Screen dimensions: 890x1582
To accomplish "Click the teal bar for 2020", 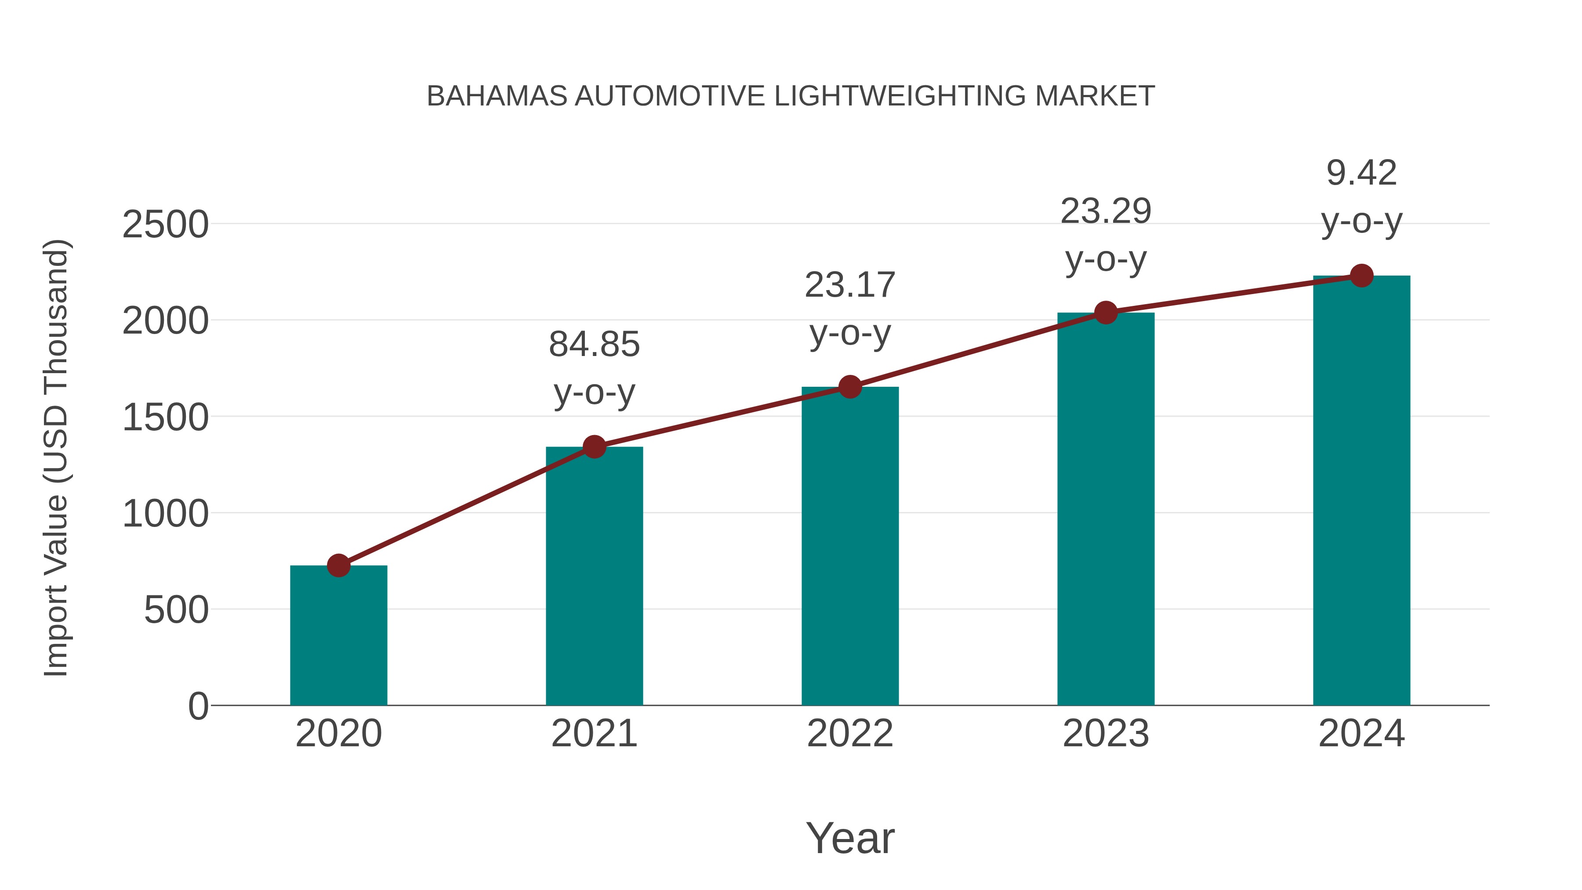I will tap(338, 636).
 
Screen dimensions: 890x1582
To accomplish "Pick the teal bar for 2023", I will tap(1106, 509).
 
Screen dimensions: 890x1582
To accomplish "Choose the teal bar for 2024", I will tap(1361, 491).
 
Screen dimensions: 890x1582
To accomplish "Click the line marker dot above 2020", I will tap(338, 565).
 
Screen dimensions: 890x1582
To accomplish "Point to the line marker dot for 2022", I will tap(850, 386).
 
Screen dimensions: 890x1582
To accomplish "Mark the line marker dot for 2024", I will tap(1361, 276).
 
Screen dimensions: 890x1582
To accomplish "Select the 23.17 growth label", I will tap(850, 286).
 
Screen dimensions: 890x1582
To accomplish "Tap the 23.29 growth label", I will tap(1106, 212).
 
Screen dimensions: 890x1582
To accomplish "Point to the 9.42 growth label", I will tap(1361, 173).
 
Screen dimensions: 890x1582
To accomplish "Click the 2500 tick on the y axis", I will tap(165, 225).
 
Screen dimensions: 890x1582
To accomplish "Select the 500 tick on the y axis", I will tap(176, 610).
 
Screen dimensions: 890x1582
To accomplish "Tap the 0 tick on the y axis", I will tap(198, 706).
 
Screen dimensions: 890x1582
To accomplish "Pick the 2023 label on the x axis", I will tap(1106, 734).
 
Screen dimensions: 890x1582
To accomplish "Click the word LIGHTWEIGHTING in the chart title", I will tap(900, 96).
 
